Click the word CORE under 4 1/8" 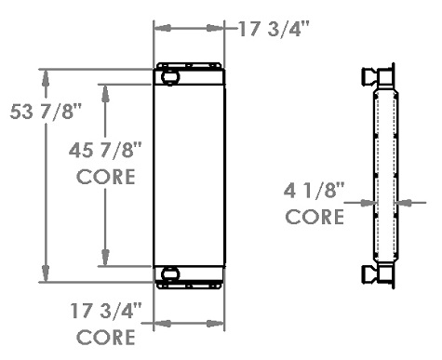click(x=315, y=218)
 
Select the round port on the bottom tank click(x=168, y=275)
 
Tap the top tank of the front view click(x=191, y=76)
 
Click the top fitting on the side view click(x=378, y=77)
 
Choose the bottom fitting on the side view click(x=378, y=274)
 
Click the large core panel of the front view click(x=191, y=177)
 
